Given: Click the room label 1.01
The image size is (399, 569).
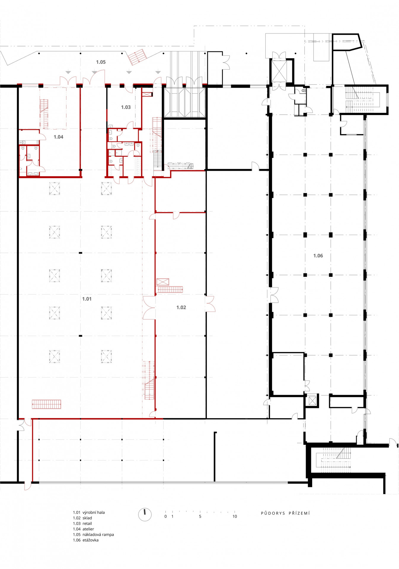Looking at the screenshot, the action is pos(87,299).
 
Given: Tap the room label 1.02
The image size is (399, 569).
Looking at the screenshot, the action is pos(181,307).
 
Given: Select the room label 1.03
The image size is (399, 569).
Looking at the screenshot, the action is pos(126,107).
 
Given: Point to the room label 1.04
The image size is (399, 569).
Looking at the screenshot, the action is pos(58,137).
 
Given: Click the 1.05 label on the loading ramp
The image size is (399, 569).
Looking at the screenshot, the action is pos(101,62).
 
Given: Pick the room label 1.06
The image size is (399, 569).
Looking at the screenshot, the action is pos(318,255).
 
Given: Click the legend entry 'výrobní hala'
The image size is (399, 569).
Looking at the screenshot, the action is pos(94,512).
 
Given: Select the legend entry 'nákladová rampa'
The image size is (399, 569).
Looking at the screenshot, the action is pos(98,535).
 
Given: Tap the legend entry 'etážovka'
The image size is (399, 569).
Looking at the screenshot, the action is pos(90,540).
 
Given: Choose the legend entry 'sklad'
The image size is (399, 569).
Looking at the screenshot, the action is pos(87,518).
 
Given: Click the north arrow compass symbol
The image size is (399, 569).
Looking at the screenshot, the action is pos(145,515).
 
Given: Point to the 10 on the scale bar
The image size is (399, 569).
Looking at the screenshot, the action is pos(235,517).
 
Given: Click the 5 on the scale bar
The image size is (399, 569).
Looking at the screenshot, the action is pos(200,517).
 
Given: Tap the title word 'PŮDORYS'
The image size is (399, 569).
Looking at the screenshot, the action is pos(273,513).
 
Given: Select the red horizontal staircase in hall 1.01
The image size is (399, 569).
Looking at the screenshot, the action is pos(47,404).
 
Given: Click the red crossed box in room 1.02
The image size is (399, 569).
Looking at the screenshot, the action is pos(163,282).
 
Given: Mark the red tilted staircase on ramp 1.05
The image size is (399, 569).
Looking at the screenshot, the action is pos(137,57).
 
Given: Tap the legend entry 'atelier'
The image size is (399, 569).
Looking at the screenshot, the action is pos(88,529).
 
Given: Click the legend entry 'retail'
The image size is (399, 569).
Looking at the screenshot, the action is pos(87,524).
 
